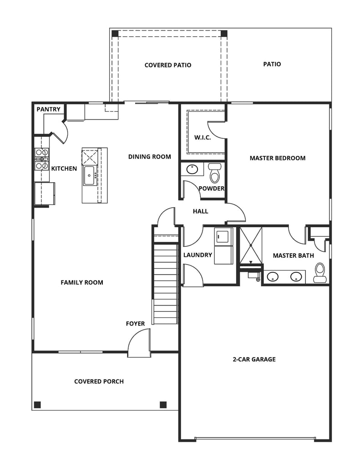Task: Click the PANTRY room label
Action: (x=48, y=110)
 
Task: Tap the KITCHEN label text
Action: (x=64, y=169)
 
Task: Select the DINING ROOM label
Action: (x=150, y=157)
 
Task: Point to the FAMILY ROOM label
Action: (x=82, y=282)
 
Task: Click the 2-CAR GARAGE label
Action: (x=254, y=359)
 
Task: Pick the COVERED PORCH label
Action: (x=99, y=381)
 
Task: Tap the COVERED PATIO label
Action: (x=168, y=65)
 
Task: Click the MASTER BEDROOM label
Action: (x=278, y=158)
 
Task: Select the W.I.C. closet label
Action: (x=202, y=138)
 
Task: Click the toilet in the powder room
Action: (x=215, y=173)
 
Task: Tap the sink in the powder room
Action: (x=192, y=170)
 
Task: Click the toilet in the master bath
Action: (x=320, y=270)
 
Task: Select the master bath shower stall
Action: (x=251, y=245)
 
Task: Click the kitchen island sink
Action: (x=89, y=175)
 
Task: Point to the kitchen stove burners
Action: (x=42, y=159)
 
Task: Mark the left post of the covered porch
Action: (x=37, y=405)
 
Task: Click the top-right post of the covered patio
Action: (x=224, y=34)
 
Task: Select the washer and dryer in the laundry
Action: (x=223, y=245)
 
